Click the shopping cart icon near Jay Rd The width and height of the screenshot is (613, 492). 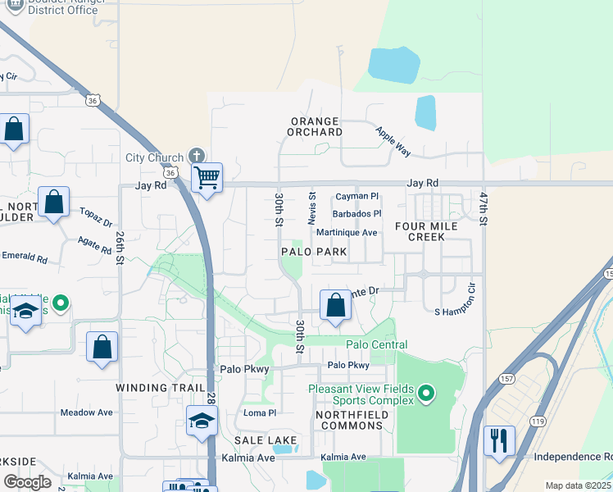pos(207,176)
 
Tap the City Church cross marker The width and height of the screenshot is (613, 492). pos(196,156)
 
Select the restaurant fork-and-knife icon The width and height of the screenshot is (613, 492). pos(498,440)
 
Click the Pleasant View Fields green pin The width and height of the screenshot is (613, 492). pos(425,394)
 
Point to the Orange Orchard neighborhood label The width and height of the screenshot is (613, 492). pos(316,126)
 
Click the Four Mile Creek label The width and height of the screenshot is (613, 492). pos(420,231)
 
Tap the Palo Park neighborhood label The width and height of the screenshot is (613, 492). pos(314,252)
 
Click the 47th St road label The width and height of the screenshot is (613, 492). pos(484,209)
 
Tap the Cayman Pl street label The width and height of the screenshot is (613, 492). pos(357,197)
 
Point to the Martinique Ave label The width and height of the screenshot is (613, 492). pos(347,233)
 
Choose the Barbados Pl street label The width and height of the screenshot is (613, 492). pos(356,214)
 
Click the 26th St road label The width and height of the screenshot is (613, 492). pos(120,246)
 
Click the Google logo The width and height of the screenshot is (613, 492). pos(27,482)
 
